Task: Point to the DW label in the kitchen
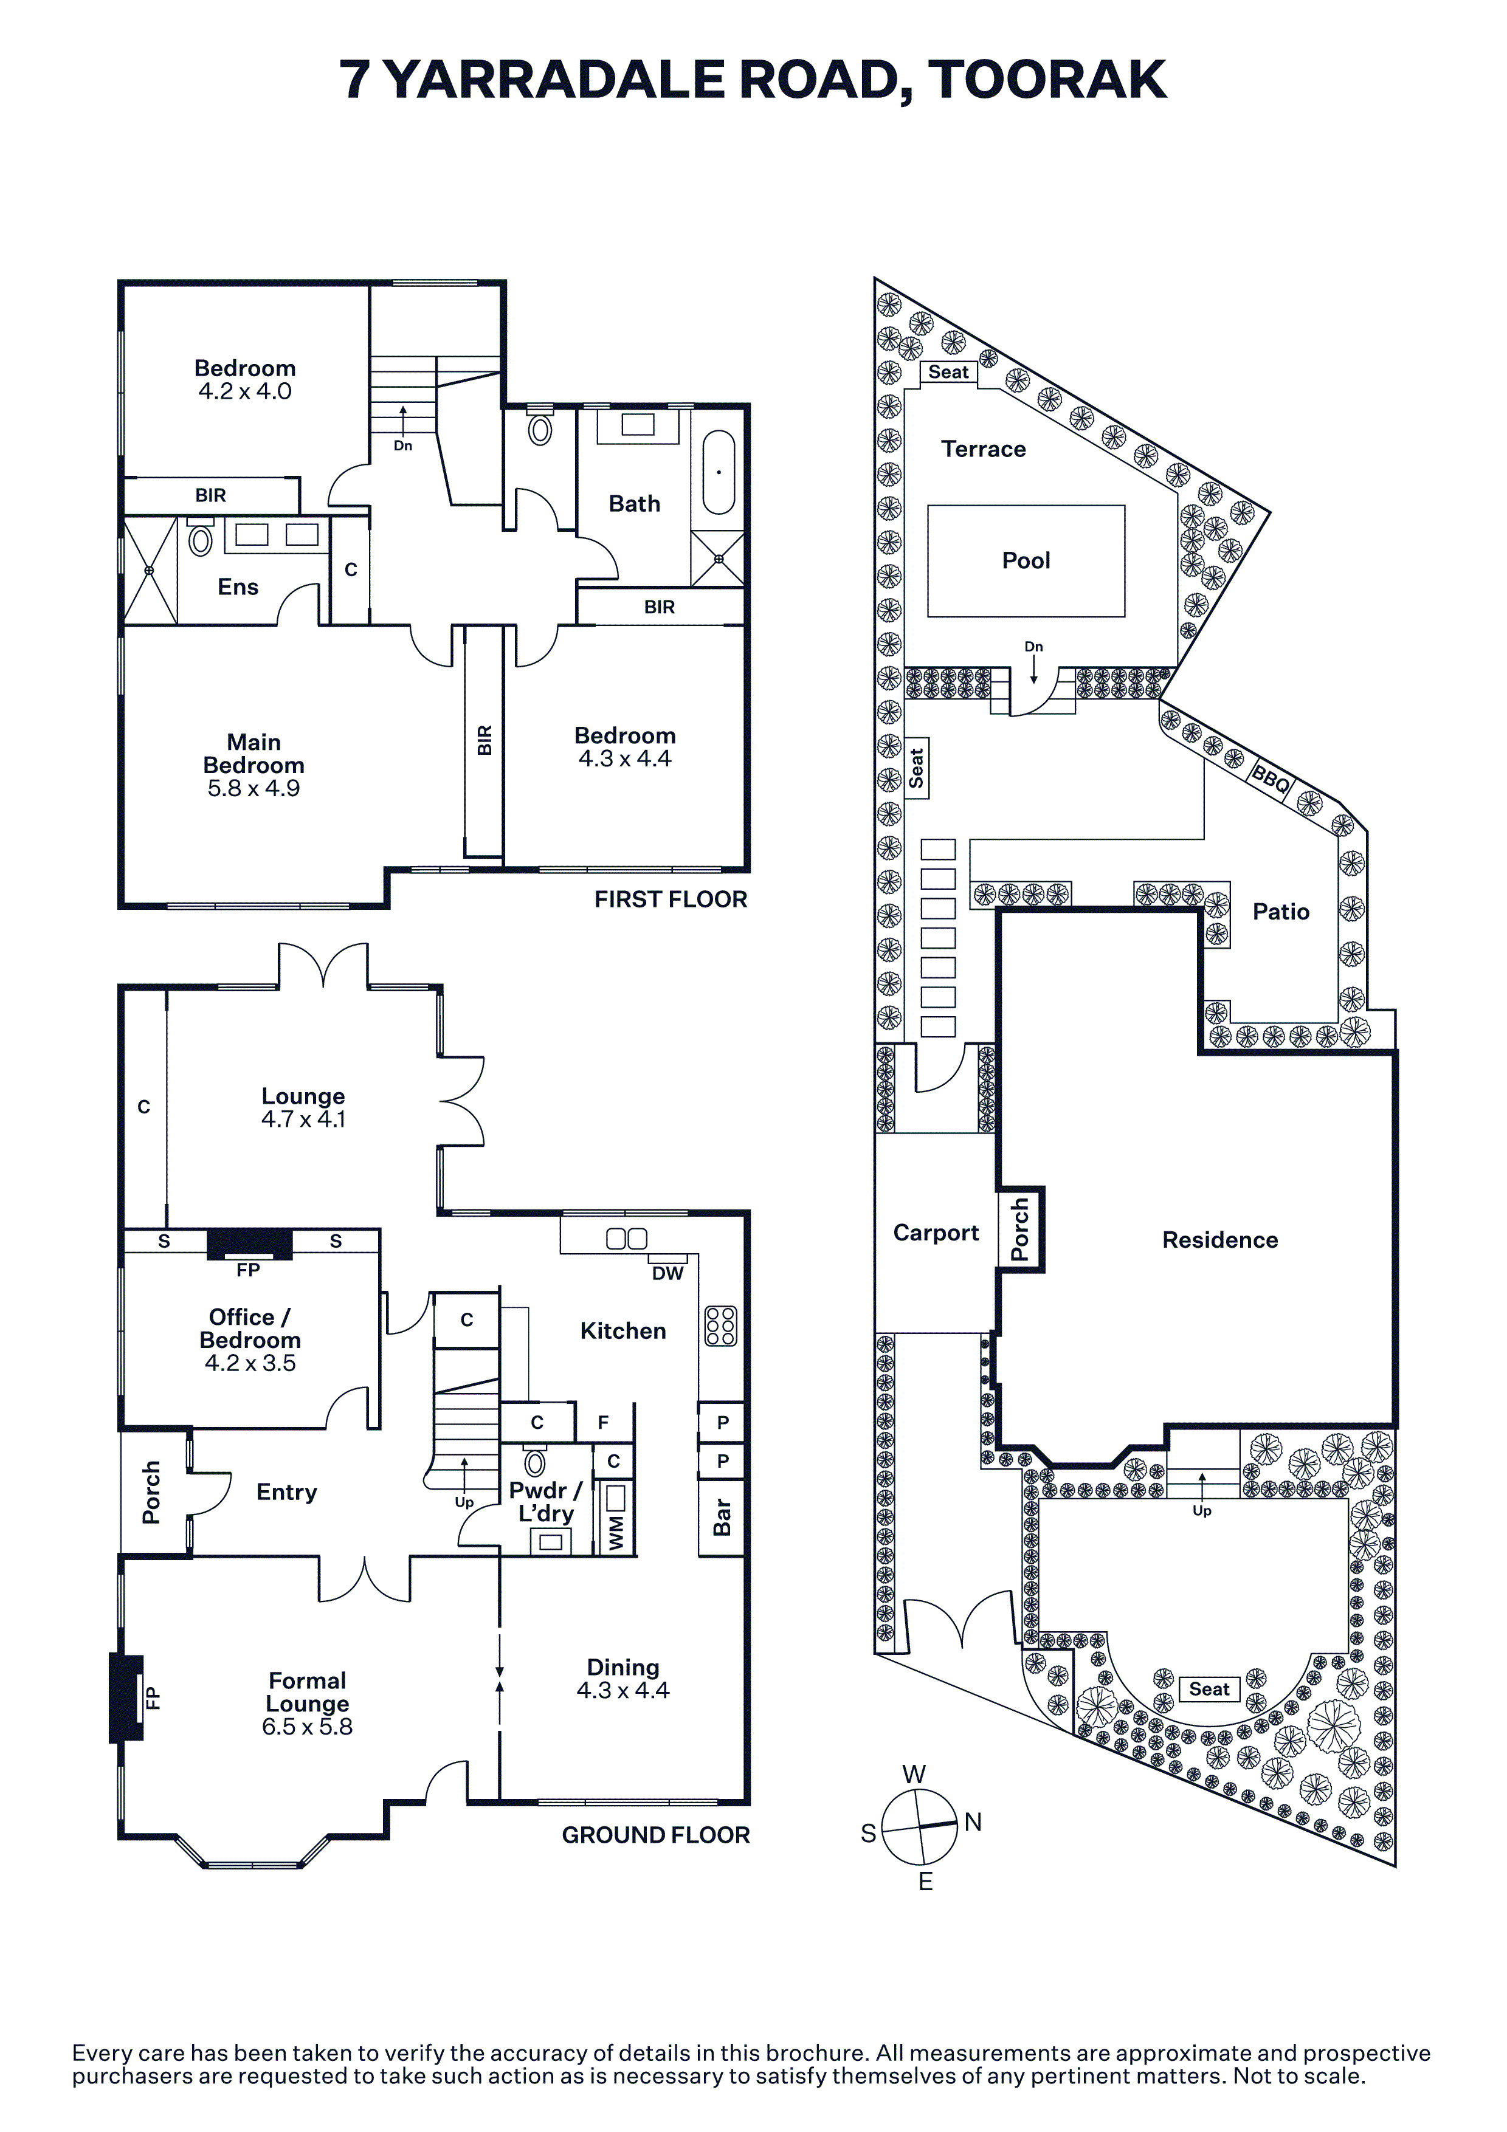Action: click(667, 1273)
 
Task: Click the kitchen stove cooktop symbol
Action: click(720, 1326)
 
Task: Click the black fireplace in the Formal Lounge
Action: click(126, 1697)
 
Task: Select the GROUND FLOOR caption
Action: click(655, 1835)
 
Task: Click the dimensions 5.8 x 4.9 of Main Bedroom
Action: click(253, 788)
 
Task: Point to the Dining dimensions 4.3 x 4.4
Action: click(623, 1690)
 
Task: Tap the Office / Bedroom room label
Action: click(250, 1328)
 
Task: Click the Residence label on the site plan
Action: click(1220, 1240)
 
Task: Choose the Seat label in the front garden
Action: click(1209, 1689)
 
